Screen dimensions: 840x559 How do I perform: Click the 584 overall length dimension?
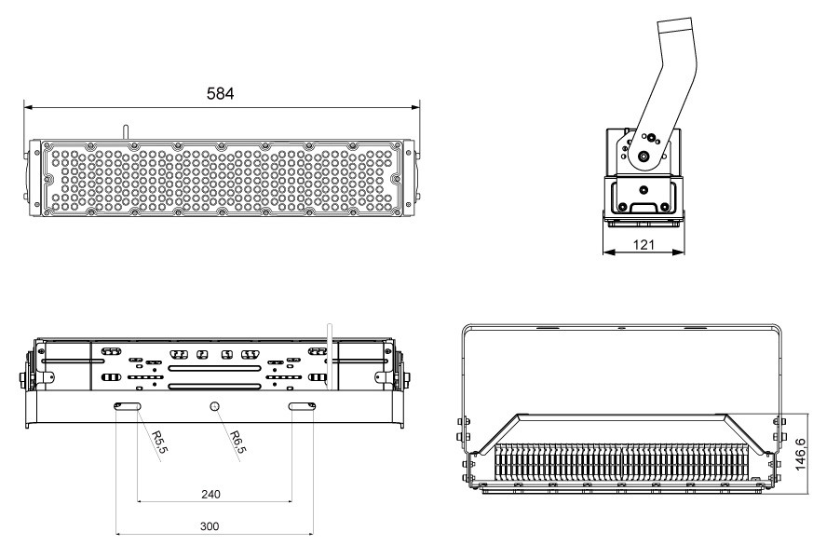[x=220, y=94]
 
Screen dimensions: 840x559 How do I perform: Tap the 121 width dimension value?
[x=644, y=245]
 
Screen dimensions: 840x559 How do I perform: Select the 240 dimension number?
[x=210, y=494]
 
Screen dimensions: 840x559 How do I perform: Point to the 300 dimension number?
[x=210, y=526]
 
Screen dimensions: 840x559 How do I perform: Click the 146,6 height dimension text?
[x=800, y=455]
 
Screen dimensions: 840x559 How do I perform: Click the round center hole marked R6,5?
[x=215, y=405]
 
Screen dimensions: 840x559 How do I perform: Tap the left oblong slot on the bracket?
[x=127, y=406]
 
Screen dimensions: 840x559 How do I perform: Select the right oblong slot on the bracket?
[x=302, y=406]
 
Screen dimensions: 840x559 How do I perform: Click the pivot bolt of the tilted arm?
[x=644, y=157]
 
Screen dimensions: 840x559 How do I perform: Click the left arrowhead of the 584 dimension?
[x=29, y=107]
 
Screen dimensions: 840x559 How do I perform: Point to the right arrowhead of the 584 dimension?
[x=415, y=107]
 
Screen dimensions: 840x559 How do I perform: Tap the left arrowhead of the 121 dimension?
[x=608, y=252]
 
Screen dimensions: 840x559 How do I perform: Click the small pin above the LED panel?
[x=126, y=133]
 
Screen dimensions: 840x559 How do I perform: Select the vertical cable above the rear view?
[x=330, y=357]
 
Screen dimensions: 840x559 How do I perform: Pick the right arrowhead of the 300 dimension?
[x=309, y=534]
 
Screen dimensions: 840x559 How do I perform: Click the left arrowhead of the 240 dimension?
[x=142, y=501]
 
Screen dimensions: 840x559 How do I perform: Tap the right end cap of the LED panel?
[x=409, y=178]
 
